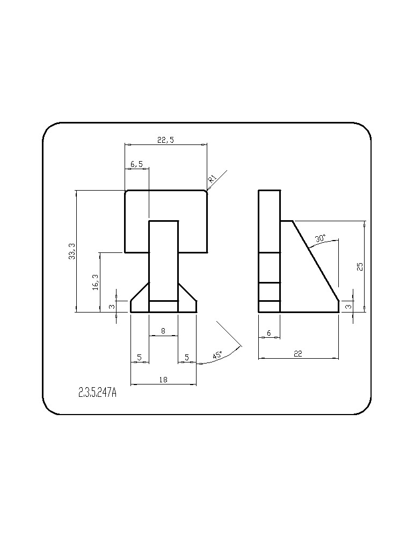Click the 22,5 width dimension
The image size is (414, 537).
[166, 140]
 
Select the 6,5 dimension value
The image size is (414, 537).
[136, 164]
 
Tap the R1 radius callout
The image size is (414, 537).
[212, 178]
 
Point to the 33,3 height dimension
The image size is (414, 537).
[72, 251]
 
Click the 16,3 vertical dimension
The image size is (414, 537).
[96, 282]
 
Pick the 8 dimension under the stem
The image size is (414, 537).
[163, 331]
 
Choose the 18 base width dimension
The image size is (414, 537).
[163, 380]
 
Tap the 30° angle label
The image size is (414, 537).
[321, 238]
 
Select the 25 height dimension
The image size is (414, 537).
[360, 266]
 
